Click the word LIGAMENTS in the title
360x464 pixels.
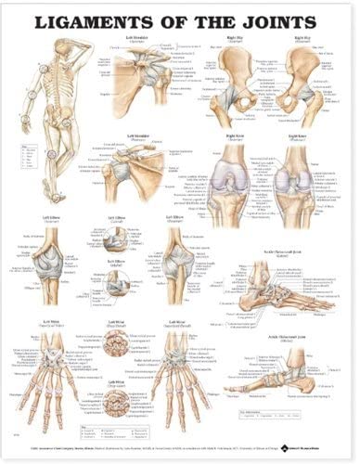click(x=85, y=18)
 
